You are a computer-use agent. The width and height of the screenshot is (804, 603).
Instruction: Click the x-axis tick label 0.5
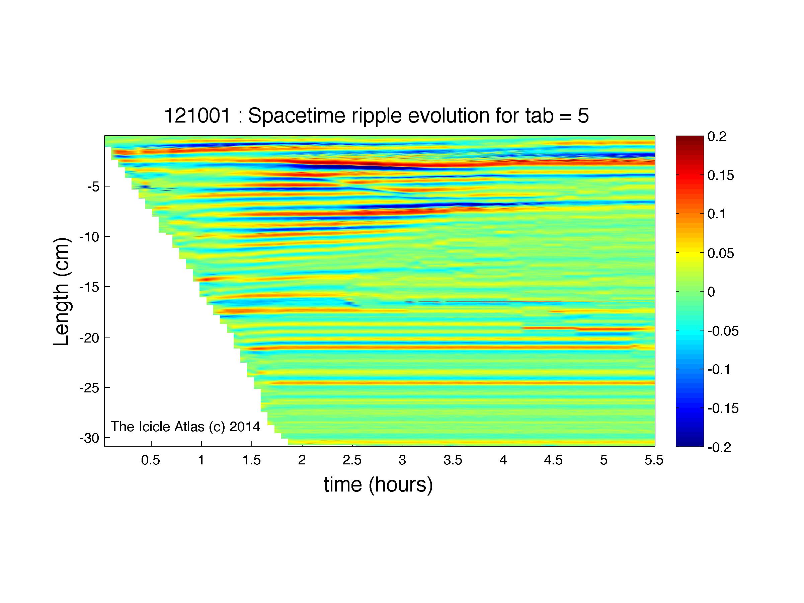coord(151,460)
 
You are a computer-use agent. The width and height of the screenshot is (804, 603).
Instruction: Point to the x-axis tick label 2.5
coord(352,460)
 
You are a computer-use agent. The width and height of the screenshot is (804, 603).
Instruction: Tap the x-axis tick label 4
coord(503,460)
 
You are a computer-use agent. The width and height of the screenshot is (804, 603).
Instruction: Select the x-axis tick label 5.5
coord(654,460)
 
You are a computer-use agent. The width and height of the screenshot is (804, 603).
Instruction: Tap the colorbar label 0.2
coord(717,137)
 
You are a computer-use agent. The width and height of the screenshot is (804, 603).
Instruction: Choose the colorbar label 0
coord(711,292)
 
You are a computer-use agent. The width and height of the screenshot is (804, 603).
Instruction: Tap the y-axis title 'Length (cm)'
coord(62,292)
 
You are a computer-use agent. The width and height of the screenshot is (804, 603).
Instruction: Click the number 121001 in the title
coord(197,116)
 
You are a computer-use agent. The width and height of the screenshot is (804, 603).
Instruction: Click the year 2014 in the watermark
coord(245,426)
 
